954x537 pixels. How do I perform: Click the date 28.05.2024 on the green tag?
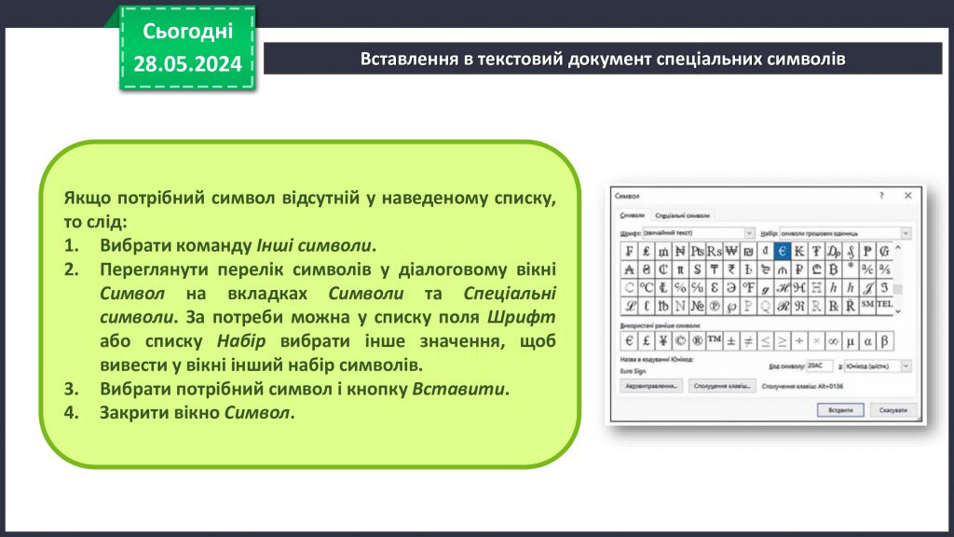tap(187, 63)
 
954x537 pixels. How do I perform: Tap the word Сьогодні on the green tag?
tap(187, 32)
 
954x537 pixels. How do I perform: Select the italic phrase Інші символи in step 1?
tap(315, 246)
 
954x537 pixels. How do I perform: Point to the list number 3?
tap(73, 388)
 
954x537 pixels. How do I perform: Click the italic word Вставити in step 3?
tap(460, 388)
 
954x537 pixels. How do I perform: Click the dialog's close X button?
tap(907, 197)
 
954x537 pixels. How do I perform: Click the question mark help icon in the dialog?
tap(881, 197)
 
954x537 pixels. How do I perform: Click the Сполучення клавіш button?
tap(723, 385)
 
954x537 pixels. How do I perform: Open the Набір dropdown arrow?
tap(906, 232)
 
